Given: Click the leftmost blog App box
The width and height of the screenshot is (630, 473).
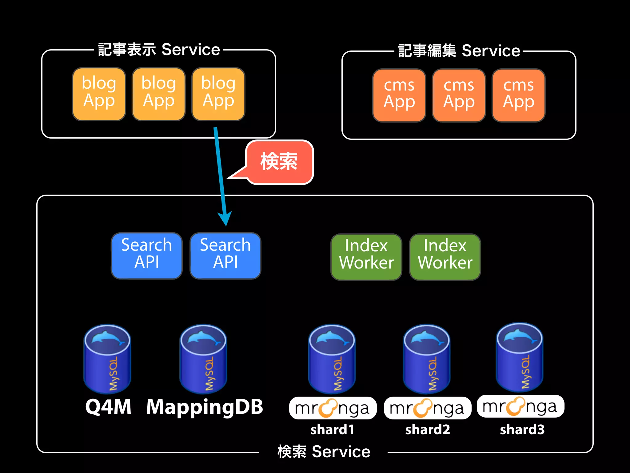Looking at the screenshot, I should (99, 94).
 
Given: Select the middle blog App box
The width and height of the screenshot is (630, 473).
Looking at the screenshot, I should (159, 94).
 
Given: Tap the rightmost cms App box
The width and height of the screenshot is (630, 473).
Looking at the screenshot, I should (518, 95).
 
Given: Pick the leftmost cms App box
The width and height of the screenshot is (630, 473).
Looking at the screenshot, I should (399, 95).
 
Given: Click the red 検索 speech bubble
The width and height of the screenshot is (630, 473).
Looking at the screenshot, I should (279, 162).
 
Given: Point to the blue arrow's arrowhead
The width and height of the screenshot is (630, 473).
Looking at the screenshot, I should (225, 219).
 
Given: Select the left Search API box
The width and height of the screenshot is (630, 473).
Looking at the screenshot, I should (146, 256).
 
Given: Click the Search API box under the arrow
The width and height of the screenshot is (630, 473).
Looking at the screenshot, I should (225, 256).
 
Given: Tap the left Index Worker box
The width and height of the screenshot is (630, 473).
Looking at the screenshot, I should (366, 257).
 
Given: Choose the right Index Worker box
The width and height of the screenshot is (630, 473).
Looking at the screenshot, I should (445, 257).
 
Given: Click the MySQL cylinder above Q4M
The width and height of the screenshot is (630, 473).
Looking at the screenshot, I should (107, 359).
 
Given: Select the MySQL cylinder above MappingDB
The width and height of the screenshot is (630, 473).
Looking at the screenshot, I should (203, 359).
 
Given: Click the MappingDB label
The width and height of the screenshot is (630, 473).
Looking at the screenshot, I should (205, 407).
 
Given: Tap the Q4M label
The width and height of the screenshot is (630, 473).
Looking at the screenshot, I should (108, 407).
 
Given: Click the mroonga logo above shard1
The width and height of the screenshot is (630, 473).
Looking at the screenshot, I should (333, 408).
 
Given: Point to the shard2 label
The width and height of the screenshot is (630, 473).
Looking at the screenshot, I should (427, 430).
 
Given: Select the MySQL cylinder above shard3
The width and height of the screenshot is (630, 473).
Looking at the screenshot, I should (520, 357).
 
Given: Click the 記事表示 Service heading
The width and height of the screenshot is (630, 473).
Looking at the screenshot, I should (159, 50).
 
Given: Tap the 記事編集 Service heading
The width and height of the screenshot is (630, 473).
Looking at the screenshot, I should (459, 51).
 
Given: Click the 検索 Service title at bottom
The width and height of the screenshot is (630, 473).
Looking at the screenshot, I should (324, 452).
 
